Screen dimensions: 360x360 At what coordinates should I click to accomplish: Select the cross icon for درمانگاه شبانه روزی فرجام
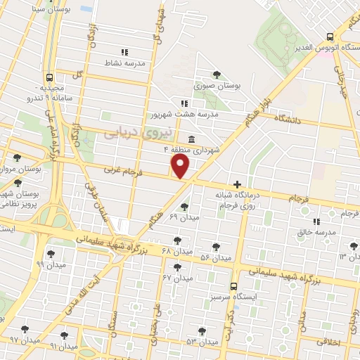[x=237, y=184]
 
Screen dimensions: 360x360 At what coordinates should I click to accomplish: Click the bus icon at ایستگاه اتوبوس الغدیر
[x=329, y=37]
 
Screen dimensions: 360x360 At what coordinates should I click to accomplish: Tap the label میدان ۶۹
[x=185, y=217]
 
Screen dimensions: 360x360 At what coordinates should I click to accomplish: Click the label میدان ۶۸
[x=176, y=250]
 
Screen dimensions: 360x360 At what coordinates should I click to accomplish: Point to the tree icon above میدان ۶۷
[x=176, y=267]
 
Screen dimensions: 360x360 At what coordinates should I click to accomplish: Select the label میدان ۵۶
[x=216, y=258]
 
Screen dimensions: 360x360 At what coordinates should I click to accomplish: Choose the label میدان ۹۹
[x=50, y=264]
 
